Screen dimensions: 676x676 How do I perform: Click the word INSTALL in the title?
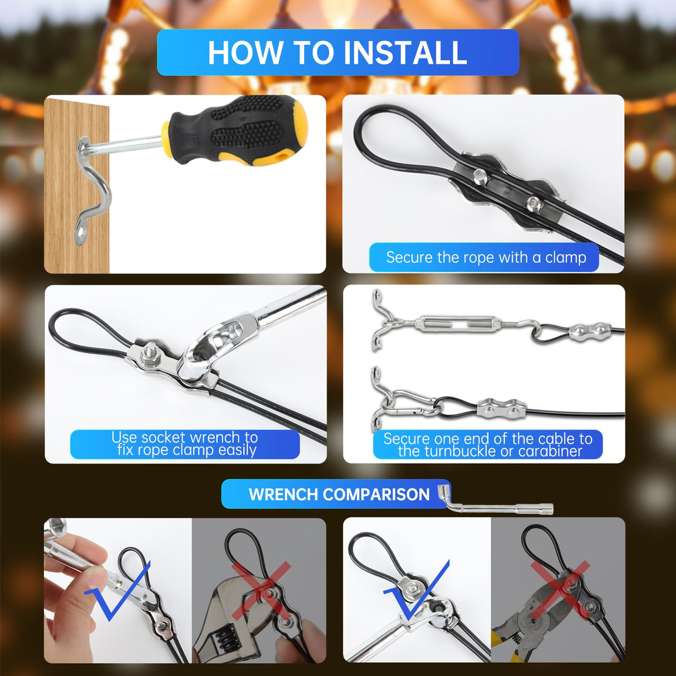coord(405,53)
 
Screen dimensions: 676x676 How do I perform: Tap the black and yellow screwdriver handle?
coord(239,131)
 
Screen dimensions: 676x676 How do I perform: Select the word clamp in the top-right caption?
coord(565,257)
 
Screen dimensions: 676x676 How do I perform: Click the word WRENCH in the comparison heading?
coord(283,494)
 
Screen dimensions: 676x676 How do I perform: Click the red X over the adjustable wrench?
coord(261,590)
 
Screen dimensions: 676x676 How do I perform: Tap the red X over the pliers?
coord(560,590)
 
